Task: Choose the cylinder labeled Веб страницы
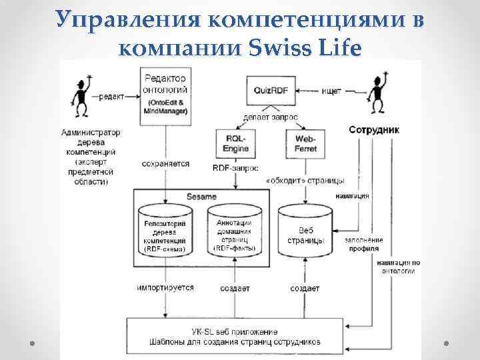[x=304, y=233]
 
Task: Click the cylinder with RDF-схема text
[x=165, y=234]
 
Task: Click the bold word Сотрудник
[x=375, y=131]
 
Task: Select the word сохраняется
[x=165, y=163]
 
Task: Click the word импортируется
[x=165, y=288]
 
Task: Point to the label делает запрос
[x=271, y=117]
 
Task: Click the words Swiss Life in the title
[x=305, y=48]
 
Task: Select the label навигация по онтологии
[x=397, y=267]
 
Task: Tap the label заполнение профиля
[x=363, y=244]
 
